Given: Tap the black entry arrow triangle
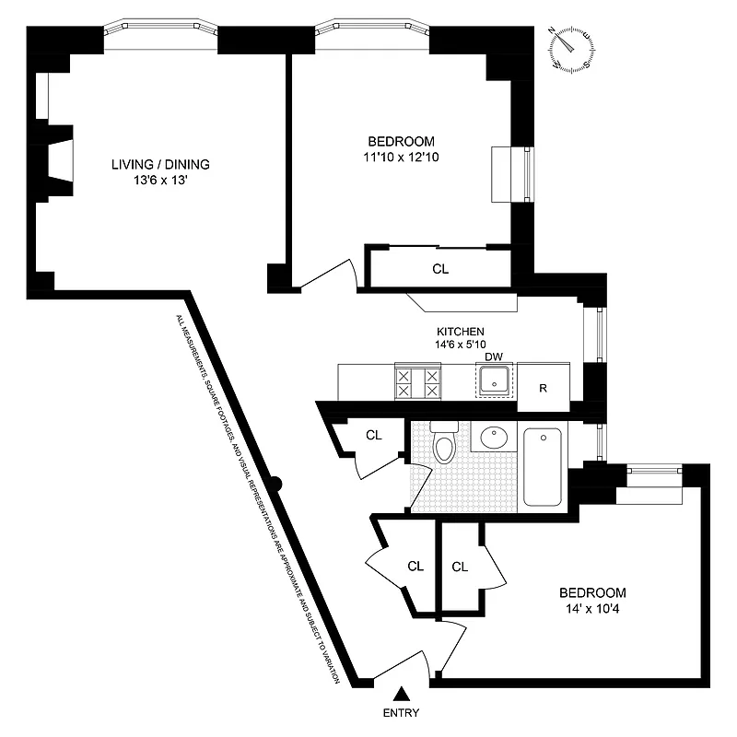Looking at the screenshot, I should (x=403, y=694).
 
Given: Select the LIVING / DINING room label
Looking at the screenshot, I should (x=160, y=165).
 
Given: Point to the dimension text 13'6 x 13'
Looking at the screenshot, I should (x=160, y=181).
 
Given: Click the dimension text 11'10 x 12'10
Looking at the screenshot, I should (x=401, y=158).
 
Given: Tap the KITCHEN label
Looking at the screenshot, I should (x=461, y=331).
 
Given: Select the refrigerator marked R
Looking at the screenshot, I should (x=543, y=387).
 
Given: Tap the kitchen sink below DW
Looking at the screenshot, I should (x=496, y=381).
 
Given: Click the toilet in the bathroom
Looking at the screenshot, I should (x=445, y=444).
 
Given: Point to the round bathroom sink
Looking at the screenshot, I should (x=496, y=437).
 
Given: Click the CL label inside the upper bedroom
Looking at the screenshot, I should (x=440, y=270).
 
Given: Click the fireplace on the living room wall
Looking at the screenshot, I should (x=57, y=160).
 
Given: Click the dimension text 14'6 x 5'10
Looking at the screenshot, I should (x=461, y=345).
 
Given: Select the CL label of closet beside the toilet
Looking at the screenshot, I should (x=373, y=435).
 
